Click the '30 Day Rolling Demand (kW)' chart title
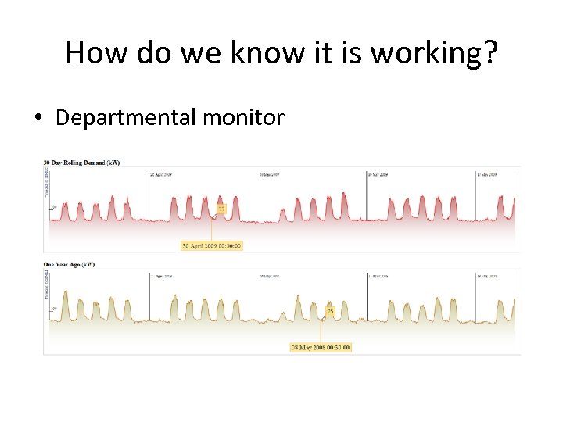click(81, 163)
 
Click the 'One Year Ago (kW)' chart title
click(69, 265)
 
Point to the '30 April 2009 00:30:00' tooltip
click(212, 245)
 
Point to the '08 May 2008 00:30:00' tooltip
click(321, 347)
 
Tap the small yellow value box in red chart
click(221, 209)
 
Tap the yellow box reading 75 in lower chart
click(330, 311)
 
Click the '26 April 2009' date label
click(161, 174)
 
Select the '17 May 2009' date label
click(487, 174)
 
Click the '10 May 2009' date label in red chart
click(379, 174)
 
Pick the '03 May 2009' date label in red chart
click(270, 174)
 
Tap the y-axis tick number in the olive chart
click(54, 309)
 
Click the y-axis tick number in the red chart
click(54, 207)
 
